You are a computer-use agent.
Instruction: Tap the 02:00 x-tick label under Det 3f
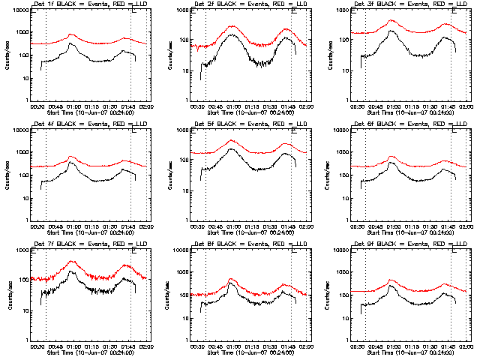466,106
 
